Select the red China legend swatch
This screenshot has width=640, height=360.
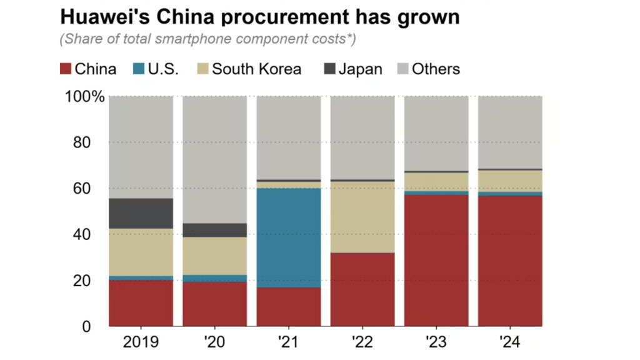click(66, 69)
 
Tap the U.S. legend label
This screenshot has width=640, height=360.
click(163, 69)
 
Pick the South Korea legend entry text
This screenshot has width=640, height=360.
click(256, 69)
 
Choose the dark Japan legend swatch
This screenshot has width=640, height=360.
click(329, 69)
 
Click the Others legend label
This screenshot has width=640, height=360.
click(436, 69)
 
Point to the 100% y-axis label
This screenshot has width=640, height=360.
click(85, 97)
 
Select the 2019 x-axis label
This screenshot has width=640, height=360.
click(141, 342)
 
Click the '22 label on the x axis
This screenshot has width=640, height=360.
click(362, 342)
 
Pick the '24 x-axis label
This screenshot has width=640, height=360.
click(509, 342)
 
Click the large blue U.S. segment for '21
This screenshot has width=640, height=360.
click(288, 237)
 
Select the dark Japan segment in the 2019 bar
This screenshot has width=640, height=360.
click(141, 213)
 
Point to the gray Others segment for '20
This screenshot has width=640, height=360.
click(214, 159)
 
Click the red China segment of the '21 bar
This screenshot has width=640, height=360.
click(288, 307)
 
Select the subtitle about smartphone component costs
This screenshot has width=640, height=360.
click(207, 39)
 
